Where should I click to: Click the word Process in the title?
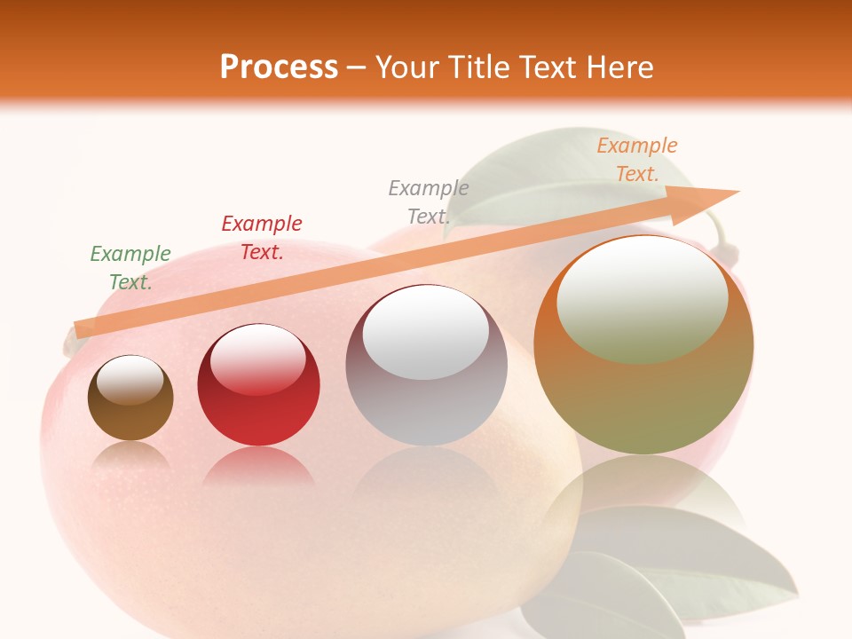point(279,67)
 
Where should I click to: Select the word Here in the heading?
point(619,67)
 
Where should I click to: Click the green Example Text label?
point(130,268)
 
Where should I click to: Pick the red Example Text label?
point(262,238)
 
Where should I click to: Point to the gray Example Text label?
point(429,202)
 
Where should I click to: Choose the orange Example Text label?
point(637,160)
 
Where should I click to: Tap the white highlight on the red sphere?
point(258,358)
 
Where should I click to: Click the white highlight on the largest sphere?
point(642,297)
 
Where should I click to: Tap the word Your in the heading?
point(406,67)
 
